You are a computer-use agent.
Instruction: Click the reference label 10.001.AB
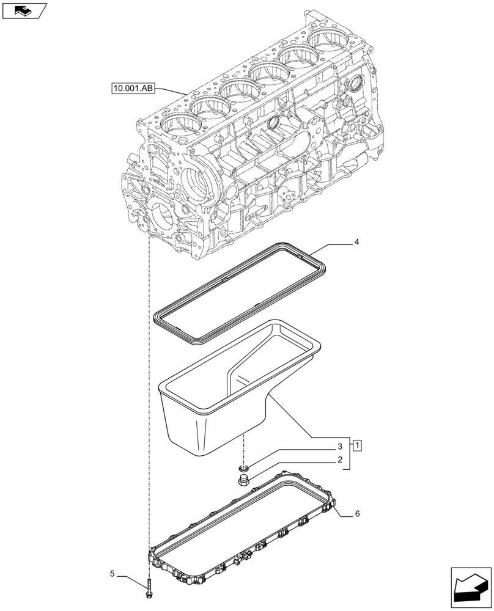pyautogui.click(x=134, y=89)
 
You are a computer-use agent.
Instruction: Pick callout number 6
pyautogui.click(x=358, y=514)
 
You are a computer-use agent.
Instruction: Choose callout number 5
pyautogui.click(x=112, y=574)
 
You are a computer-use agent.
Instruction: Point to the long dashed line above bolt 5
pyautogui.click(x=149, y=397)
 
